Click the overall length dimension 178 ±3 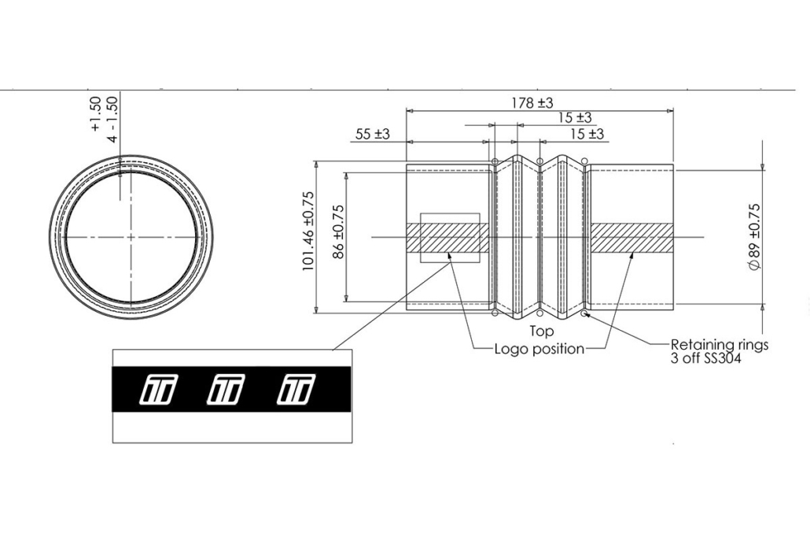532,103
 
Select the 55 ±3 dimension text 373,135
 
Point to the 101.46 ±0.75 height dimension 308,232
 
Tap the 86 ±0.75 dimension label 338,232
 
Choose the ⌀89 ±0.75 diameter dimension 755,236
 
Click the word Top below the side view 541,331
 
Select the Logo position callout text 539,349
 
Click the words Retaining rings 720,344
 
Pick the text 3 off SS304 705,358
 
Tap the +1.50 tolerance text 95,113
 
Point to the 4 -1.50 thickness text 112,118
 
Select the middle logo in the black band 226,388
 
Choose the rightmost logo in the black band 295,388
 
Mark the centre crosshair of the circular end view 131,237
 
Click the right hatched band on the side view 631,238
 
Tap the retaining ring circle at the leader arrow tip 584,313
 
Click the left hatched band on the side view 448,238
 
